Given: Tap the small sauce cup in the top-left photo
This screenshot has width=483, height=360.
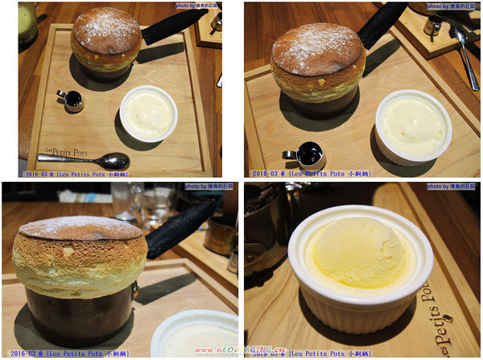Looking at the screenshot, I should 71,99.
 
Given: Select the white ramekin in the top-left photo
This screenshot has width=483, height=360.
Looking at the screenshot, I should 148,114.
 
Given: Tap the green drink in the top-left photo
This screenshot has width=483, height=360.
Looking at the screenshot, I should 27,23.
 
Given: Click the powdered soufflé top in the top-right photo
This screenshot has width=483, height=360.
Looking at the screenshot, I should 318,50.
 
